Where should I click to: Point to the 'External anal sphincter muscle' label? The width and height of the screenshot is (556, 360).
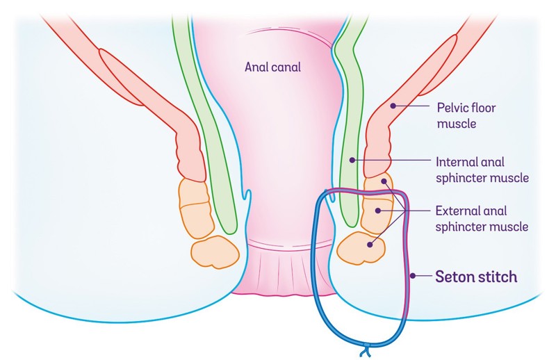tap(482, 218)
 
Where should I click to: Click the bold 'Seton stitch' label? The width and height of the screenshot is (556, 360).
tap(476, 277)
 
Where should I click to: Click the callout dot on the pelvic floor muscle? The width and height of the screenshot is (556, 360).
tap(393, 106)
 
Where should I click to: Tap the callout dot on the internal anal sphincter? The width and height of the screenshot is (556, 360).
tap(352, 160)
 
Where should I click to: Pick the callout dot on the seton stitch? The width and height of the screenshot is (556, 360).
tap(412, 277)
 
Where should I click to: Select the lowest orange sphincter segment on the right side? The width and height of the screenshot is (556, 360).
tap(361, 249)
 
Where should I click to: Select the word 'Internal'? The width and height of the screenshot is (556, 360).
tap(455, 162)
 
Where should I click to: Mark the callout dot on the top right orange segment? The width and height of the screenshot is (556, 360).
tap(383, 182)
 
